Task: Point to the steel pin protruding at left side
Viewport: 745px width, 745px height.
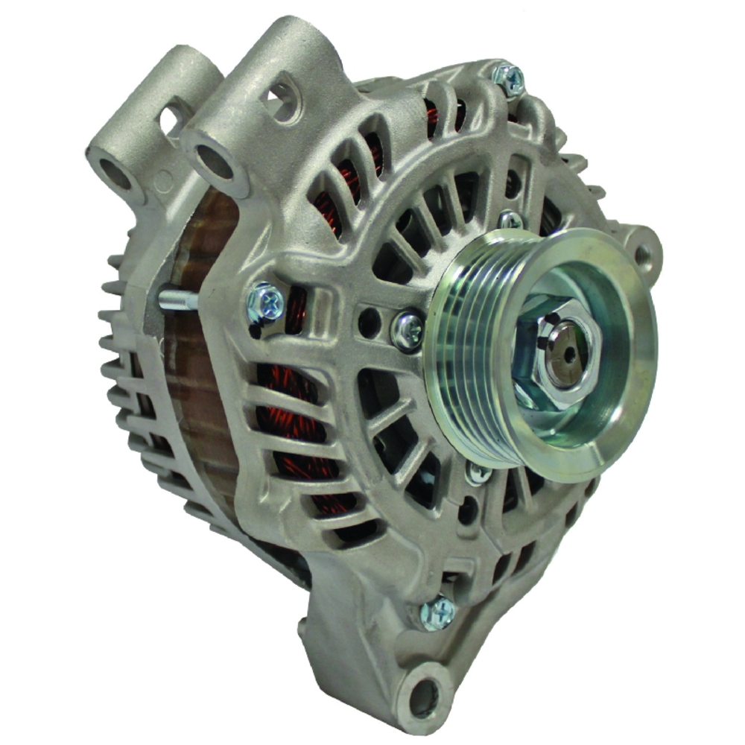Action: (x=177, y=299)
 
